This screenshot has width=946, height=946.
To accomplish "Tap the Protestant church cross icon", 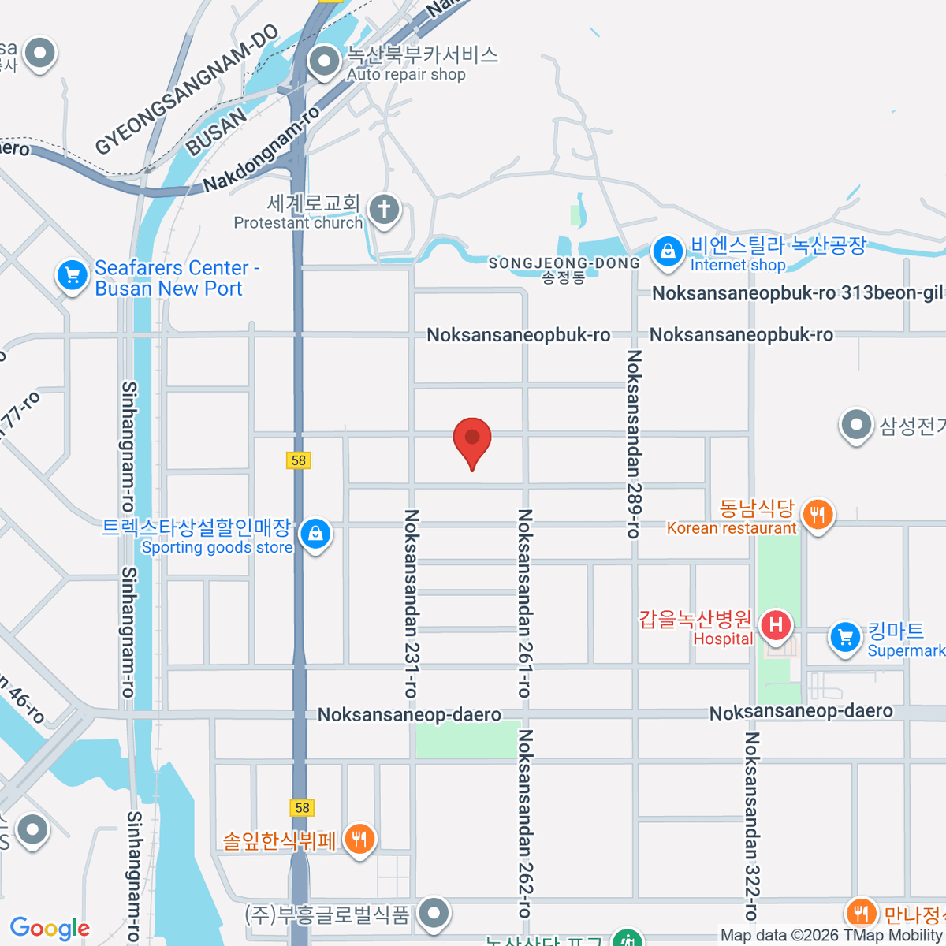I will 384,210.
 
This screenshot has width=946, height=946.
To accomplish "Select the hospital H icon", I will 777,626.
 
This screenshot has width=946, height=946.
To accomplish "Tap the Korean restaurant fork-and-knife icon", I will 818,516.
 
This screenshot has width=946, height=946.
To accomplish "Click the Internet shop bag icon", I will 668,252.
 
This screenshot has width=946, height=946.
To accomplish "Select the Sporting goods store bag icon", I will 315,534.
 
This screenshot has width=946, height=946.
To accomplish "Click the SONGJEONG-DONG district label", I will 564,263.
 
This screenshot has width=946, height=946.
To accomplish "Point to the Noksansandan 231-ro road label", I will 411,603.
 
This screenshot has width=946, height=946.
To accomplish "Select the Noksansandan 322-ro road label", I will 751,826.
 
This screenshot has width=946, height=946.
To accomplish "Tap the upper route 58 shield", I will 298,460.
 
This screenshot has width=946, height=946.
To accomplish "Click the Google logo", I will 50,929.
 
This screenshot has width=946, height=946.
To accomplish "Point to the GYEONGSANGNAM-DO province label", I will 187,89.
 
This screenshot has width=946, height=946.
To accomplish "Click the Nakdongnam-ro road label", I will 262,150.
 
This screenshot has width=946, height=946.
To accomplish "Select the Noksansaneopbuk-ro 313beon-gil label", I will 797,293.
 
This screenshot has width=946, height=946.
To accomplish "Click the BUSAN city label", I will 216,132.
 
